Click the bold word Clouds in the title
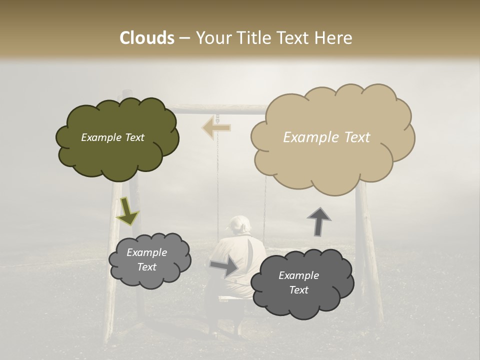[147, 38]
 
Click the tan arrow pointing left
[216, 127]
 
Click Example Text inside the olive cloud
[112, 137]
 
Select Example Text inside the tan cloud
[326, 137]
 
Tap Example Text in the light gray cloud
[147, 259]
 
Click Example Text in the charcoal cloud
[298, 282]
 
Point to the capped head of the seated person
[238, 224]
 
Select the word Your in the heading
[213, 38]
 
